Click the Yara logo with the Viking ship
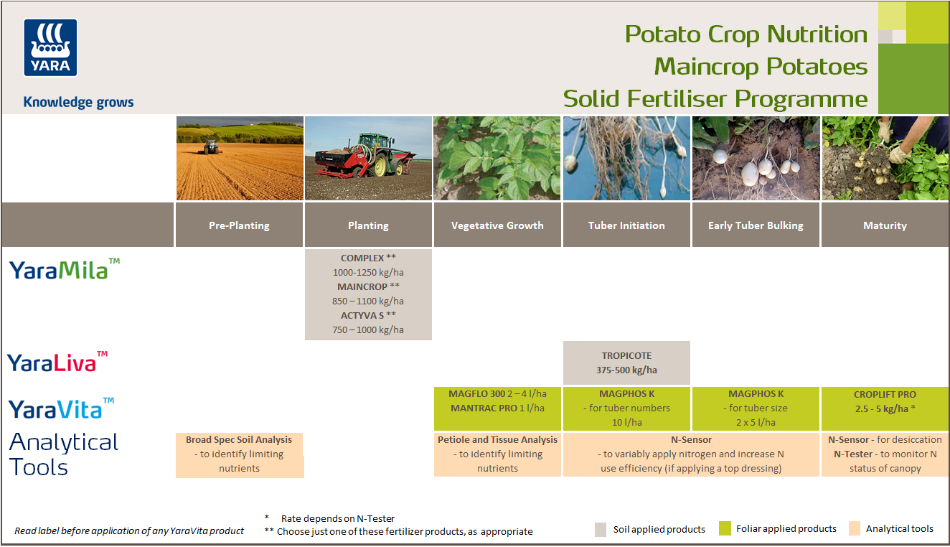pyautogui.click(x=50, y=47)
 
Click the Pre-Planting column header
pyautogui.click(x=239, y=225)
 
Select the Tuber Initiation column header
pyautogui.click(x=626, y=225)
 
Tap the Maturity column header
pyautogui.click(x=885, y=225)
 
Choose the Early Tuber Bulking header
pyautogui.click(x=756, y=225)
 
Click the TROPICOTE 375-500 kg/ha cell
pyautogui.click(x=626, y=363)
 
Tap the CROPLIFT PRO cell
pyautogui.click(x=885, y=401)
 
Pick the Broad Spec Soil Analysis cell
pyautogui.click(x=239, y=454)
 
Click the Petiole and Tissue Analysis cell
pyautogui.click(x=497, y=454)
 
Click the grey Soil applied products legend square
pyautogui.click(x=601, y=530)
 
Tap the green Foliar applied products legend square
pyautogui.click(x=725, y=529)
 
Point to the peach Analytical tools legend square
pyautogui.click(x=854, y=529)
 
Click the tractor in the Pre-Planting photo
pyautogui.click(x=211, y=147)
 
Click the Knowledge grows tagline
pyautogui.click(x=78, y=102)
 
